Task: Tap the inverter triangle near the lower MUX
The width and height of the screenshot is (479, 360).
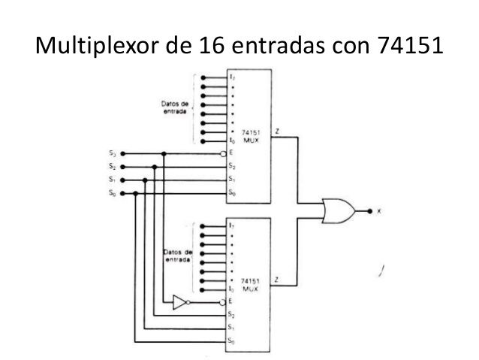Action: click(178, 302)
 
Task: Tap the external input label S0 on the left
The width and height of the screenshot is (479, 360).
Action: click(111, 193)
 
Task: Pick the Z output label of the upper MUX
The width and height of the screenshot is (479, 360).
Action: click(279, 131)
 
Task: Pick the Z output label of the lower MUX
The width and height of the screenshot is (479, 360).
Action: click(279, 280)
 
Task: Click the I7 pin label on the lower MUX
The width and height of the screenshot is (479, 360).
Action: click(233, 226)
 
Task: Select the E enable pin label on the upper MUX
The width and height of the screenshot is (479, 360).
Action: click(231, 153)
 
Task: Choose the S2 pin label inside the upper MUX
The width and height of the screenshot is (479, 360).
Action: click(232, 167)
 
